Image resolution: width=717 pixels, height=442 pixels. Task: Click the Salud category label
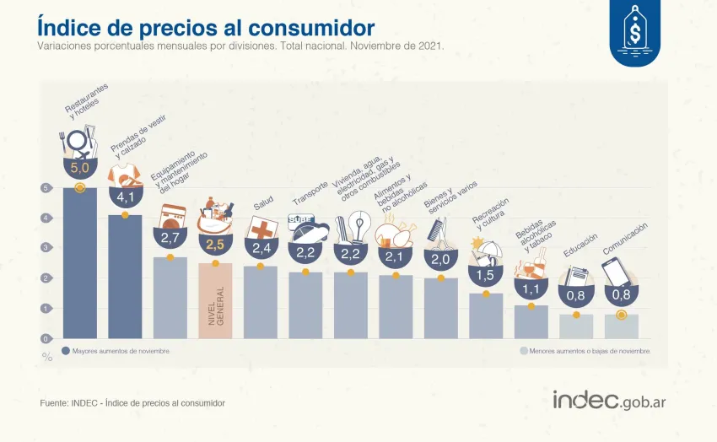[263, 204]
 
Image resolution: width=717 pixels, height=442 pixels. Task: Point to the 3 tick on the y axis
[46, 248]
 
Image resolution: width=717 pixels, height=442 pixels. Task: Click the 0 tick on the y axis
[46, 338]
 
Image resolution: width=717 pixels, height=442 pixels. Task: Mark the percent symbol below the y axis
[47, 357]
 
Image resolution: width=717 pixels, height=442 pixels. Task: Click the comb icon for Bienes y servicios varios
[439, 229]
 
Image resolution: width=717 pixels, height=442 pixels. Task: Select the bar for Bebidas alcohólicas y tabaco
[531, 321]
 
